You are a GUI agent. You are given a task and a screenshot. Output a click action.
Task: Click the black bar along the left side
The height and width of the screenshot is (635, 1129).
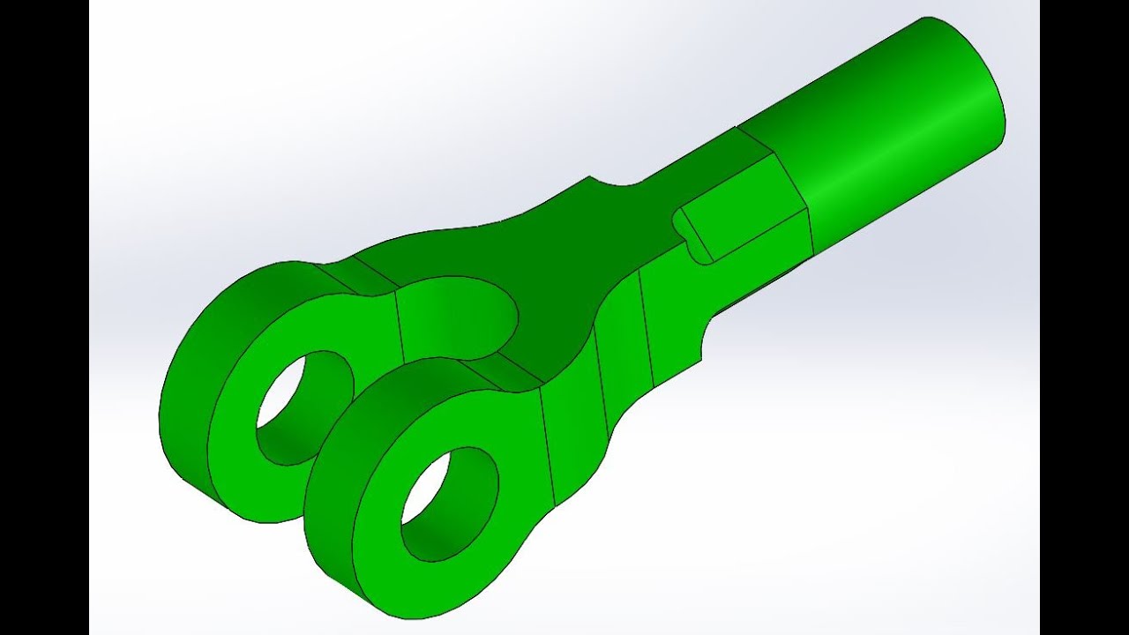(x=44, y=317)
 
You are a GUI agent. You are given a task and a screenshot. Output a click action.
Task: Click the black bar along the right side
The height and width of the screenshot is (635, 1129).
(x=1084, y=317)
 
